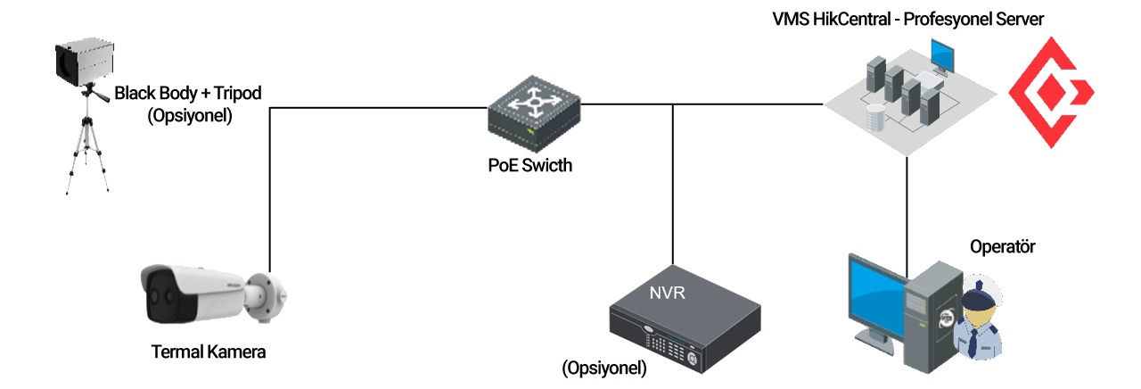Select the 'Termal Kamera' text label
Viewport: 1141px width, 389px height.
click(208, 351)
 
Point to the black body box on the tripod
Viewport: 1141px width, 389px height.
click(83, 60)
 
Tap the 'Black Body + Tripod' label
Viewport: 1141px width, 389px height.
click(191, 93)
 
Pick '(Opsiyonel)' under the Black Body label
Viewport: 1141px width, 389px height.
click(191, 115)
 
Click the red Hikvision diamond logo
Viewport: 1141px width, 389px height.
click(1049, 92)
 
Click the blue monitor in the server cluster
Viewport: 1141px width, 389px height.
click(942, 58)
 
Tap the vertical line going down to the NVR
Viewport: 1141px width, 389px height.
click(673, 178)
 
